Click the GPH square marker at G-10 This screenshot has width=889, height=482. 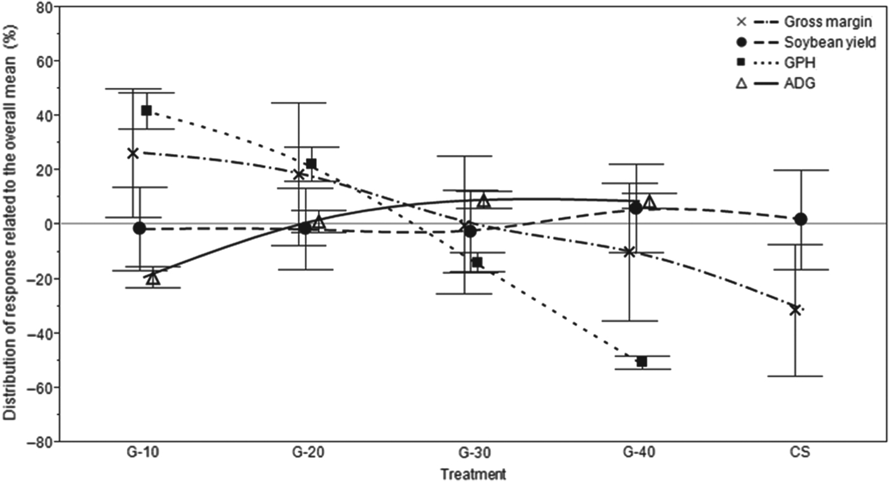[146, 111]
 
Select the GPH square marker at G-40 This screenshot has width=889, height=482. [641, 361]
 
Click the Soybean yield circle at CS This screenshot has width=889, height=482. [801, 219]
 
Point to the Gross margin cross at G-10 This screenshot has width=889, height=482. [133, 153]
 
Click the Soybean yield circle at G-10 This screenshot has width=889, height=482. [140, 228]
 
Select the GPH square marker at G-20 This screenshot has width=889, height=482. [311, 164]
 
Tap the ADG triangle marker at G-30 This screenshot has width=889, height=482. [484, 201]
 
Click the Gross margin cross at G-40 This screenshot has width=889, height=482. [629, 252]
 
